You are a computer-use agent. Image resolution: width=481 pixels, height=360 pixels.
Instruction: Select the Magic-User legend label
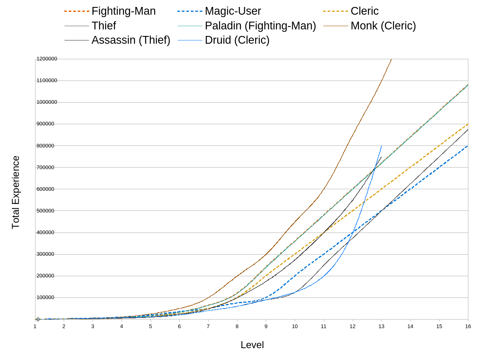233,11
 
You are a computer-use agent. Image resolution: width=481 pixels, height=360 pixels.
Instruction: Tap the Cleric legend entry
364,11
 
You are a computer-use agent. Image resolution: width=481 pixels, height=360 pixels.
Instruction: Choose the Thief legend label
104,26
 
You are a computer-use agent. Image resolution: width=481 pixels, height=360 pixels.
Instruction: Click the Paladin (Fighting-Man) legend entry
260,26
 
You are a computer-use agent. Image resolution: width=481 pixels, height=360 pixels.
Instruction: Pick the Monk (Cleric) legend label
383,26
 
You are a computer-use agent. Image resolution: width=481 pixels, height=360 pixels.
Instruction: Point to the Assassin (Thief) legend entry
131,40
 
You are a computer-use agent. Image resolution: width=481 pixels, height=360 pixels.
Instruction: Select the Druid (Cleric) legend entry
237,40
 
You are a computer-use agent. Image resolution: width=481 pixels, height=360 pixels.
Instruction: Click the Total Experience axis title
16,192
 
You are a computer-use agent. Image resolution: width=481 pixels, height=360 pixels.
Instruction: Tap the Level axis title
252,345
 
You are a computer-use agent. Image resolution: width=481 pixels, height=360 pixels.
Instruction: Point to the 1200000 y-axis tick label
47,59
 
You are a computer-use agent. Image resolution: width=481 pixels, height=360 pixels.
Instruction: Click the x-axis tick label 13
381,326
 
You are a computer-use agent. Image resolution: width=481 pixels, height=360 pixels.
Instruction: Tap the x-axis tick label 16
468,326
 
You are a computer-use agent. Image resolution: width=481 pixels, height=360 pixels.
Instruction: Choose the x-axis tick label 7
208,326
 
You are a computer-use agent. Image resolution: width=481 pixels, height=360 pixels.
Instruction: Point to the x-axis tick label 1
35,326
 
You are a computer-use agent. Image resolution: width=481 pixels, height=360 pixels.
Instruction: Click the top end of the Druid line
381,146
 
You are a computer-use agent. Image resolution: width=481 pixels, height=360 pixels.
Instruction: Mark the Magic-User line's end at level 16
468,146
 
